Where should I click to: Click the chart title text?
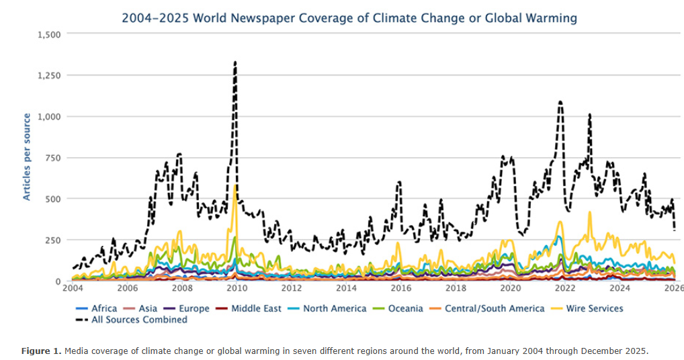pyautogui.click(x=349, y=18)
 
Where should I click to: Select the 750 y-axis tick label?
pyautogui.click(x=52, y=158)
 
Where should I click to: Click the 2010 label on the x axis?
pyautogui.click(x=236, y=288)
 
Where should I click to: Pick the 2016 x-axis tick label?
pyautogui.click(x=400, y=288)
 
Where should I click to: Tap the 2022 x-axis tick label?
pyautogui.click(x=565, y=288)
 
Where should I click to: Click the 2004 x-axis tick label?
pyautogui.click(x=71, y=288)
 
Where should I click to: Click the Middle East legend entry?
pyautogui.click(x=251, y=308)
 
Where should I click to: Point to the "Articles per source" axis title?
pyautogui.click(x=27, y=157)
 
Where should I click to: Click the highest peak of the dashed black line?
pyautogui.click(x=235, y=62)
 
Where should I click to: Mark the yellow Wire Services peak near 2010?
pyautogui.click(x=234, y=186)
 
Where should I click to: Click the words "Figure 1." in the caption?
pyautogui.click(x=40, y=351)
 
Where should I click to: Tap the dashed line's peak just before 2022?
pyautogui.click(x=560, y=102)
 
